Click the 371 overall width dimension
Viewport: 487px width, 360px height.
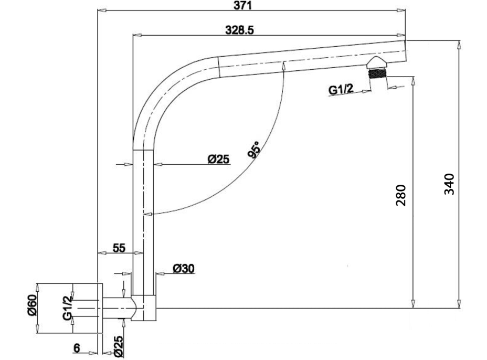242,5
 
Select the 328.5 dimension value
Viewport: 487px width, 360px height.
239,30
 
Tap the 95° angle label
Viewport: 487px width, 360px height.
254,150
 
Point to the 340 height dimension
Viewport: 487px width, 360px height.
449,184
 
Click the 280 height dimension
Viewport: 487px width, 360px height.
400,195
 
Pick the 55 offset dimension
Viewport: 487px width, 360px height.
119,248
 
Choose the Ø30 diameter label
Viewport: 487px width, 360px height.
184,268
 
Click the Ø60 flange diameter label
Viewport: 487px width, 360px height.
32,305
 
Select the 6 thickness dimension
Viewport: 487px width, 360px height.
77,348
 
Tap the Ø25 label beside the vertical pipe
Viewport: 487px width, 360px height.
218,160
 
